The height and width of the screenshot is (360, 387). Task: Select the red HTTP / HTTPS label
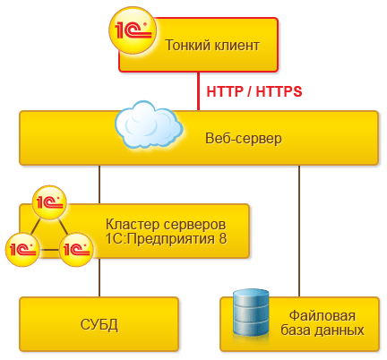tap(254, 91)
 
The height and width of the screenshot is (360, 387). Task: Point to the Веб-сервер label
tap(243, 139)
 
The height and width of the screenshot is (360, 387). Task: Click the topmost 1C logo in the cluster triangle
tap(48, 202)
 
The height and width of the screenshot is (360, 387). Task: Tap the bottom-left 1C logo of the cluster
tap(21, 245)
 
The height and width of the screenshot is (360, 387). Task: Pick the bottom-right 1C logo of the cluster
tap(76, 245)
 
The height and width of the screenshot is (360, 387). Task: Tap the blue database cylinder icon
tap(251, 313)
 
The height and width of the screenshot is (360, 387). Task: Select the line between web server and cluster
tap(99, 184)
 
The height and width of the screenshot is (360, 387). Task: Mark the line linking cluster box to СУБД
tap(99, 278)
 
